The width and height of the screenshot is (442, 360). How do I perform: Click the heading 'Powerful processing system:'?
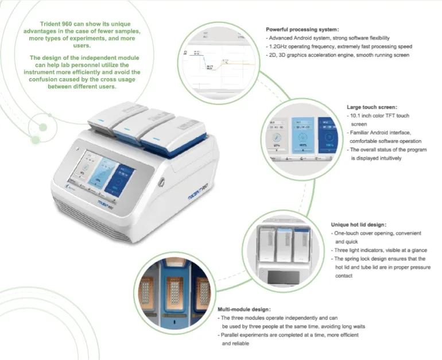303,29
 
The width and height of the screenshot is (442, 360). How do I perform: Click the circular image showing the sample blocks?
172,287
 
